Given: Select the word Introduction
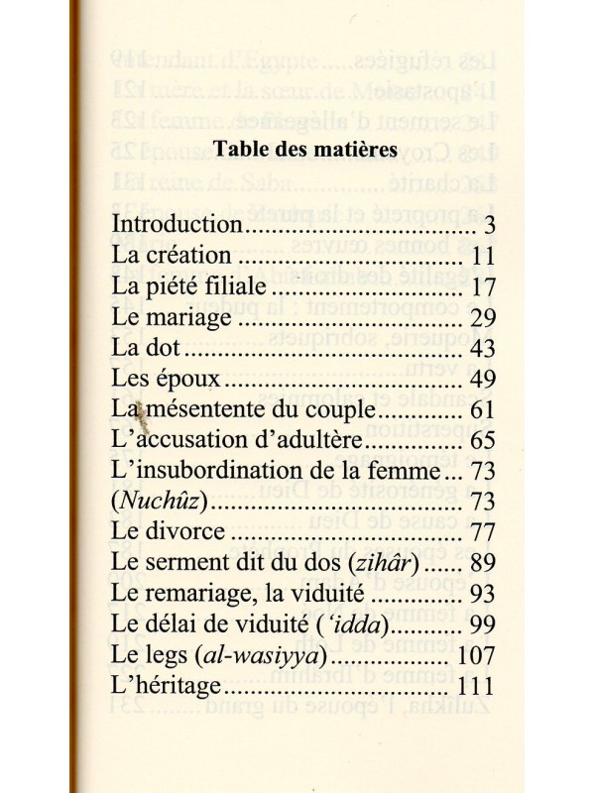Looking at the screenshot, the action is click(x=179, y=224).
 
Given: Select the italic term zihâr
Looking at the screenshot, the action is click(x=388, y=577).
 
